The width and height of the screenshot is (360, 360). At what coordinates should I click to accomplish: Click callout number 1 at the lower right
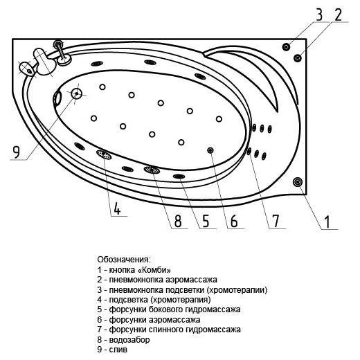click(327, 222)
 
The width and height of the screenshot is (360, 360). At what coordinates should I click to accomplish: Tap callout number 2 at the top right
click(338, 15)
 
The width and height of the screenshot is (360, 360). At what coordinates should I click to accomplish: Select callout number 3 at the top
click(319, 15)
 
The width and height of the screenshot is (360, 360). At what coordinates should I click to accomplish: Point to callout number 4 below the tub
click(117, 208)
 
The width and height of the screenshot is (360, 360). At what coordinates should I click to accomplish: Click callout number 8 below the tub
click(178, 221)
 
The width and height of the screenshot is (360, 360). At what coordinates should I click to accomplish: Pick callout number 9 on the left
click(16, 152)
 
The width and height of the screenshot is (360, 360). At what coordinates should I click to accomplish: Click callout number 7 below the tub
click(275, 221)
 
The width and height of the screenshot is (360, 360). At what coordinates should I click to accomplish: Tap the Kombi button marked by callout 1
click(298, 182)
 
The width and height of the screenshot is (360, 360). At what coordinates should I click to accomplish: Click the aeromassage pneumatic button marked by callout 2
click(298, 57)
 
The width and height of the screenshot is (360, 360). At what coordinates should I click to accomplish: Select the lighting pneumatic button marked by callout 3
click(286, 47)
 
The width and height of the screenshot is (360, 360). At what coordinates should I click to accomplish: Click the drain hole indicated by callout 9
click(76, 93)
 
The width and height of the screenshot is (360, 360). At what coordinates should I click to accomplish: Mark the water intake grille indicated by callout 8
click(152, 170)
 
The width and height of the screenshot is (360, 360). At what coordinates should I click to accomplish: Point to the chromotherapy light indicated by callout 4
click(104, 154)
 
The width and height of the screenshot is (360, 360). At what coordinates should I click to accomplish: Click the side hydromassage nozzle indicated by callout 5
click(179, 177)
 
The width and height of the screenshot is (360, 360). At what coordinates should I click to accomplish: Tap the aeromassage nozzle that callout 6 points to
click(210, 150)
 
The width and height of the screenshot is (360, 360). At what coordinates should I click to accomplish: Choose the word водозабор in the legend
click(129, 340)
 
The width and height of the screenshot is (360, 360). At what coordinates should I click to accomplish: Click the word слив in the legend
click(118, 350)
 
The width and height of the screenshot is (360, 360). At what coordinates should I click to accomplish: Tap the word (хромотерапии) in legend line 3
click(237, 289)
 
